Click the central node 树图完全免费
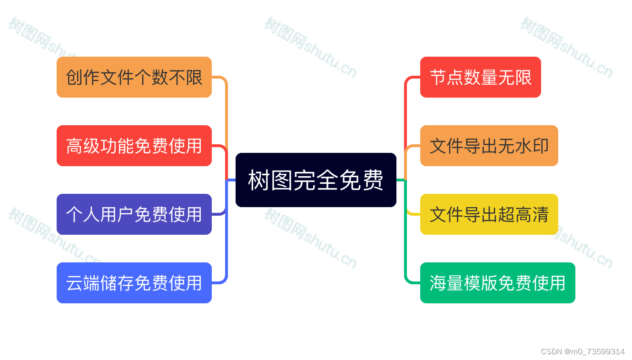coord(316,180)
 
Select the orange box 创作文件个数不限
coord(134,77)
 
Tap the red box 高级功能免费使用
coord(134,146)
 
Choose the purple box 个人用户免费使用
coord(134,214)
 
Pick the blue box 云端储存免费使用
coord(134,283)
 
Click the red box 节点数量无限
coord(480,77)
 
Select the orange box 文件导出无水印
coord(489,146)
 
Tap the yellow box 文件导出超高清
coord(489,214)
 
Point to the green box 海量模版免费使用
coord(497,283)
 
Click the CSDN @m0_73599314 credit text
coord(583,351)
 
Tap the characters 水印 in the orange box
coord(532,146)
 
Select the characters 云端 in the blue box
coord(83,283)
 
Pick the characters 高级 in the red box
coord(83,146)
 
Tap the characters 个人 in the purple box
coord(83,215)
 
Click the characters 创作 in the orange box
coord(83,78)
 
